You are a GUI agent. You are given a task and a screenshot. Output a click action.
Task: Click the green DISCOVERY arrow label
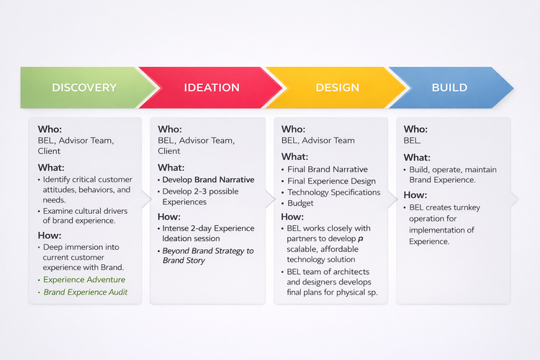tap(84, 88)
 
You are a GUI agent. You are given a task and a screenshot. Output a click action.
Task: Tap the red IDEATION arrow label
tap(212, 88)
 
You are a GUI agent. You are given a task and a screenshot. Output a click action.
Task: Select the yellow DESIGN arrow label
tap(337, 88)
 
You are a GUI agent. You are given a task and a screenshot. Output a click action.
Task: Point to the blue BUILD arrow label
tap(449, 88)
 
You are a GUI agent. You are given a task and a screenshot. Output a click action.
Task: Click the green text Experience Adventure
tap(84, 279)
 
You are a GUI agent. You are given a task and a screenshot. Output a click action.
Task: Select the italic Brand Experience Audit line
tap(86, 292)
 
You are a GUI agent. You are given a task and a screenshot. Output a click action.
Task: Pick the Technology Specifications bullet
tap(333, 192)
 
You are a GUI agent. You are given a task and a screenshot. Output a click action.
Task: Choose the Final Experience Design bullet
tap(331, 181)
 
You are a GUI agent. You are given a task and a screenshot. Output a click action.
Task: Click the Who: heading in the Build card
tap(416, 130)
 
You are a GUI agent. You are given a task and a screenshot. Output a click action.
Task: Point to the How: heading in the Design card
tap(292, 216)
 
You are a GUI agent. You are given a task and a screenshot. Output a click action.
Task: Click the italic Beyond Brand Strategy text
tap(208, 251)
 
